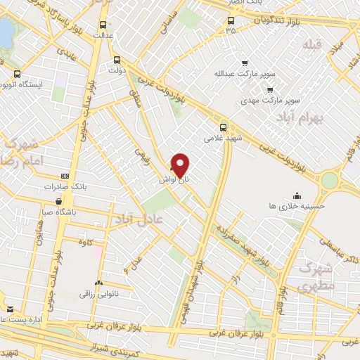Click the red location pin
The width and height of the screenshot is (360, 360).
coord(181,165)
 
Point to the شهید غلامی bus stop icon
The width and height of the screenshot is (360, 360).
coord(223,127)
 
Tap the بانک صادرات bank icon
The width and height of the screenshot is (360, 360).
coord(65,176)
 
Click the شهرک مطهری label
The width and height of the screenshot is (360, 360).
coord(314,278)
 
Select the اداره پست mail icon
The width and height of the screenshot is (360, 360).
coord(9,309)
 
